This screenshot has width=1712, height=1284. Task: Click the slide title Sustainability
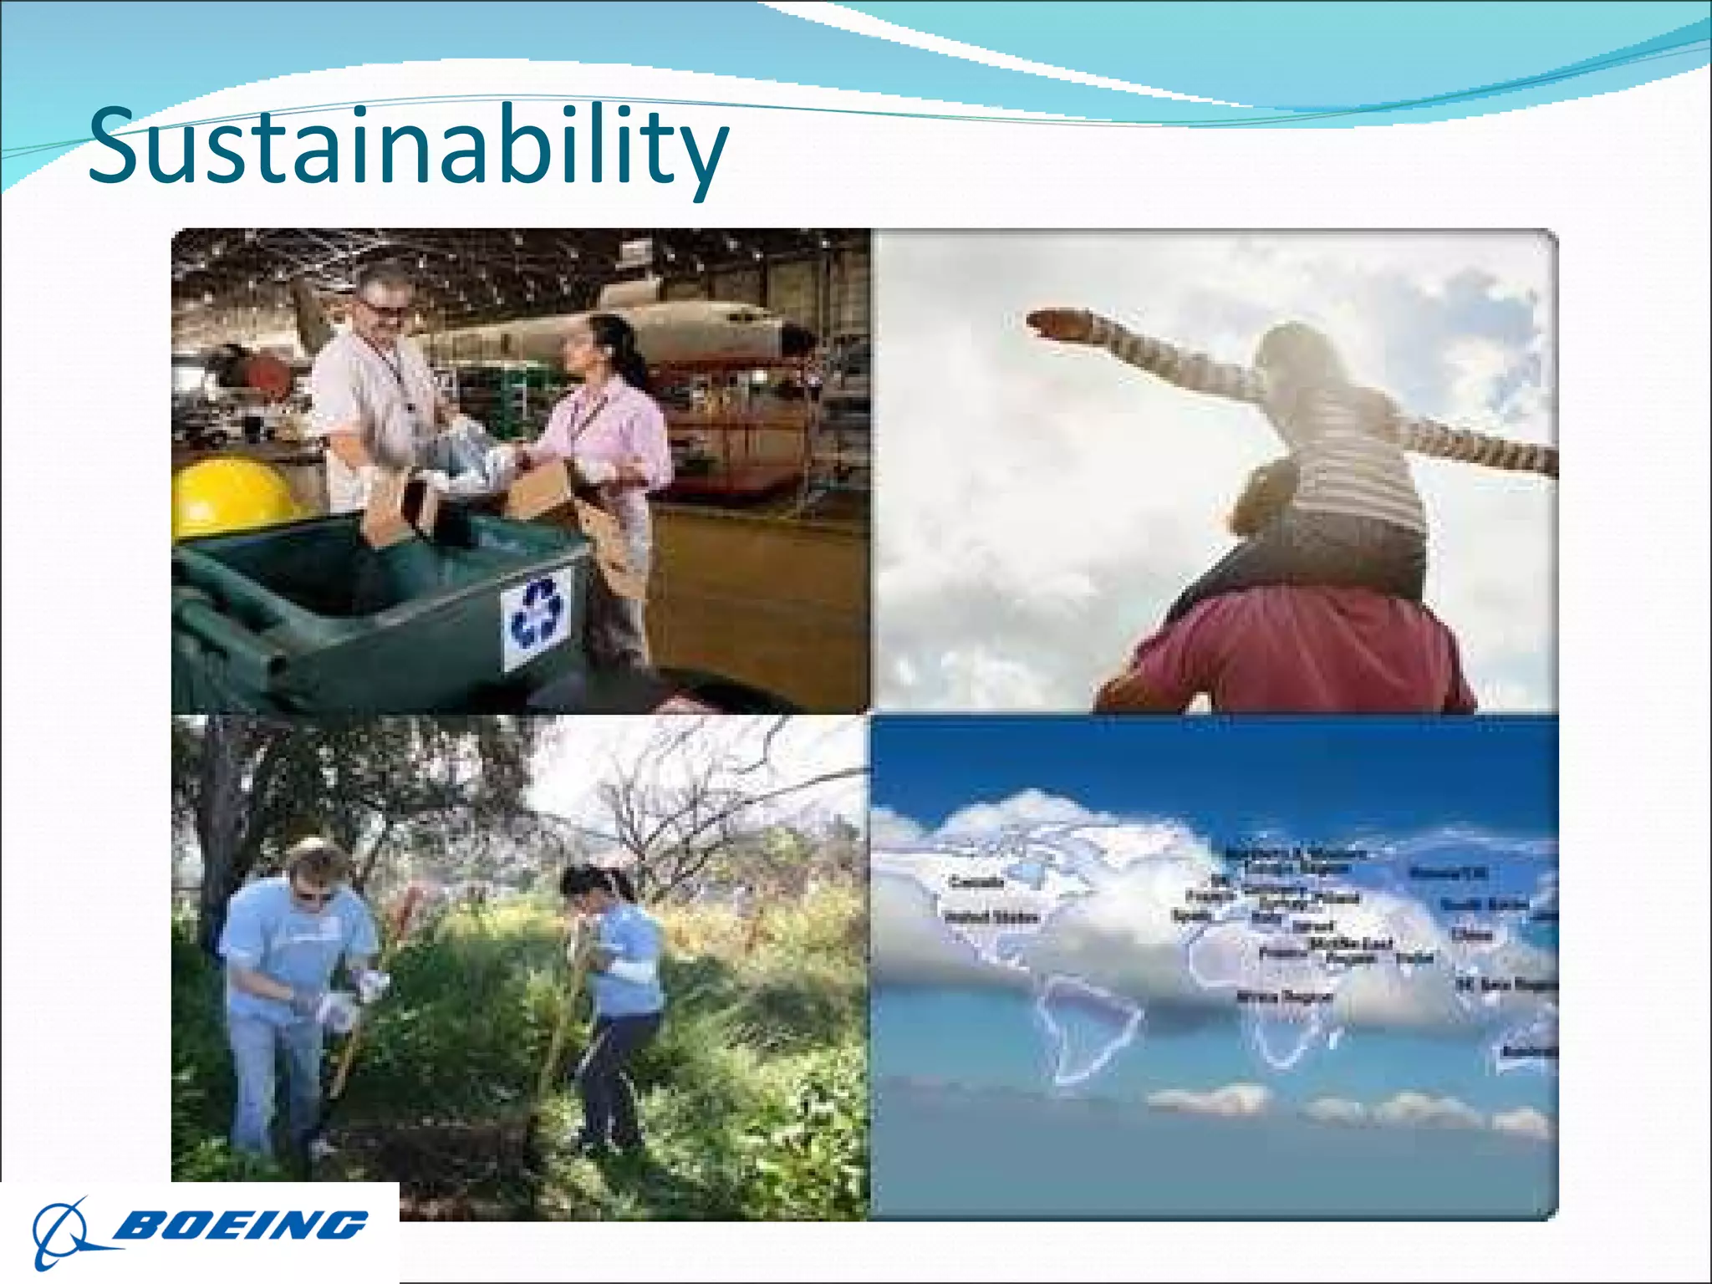[408, 146]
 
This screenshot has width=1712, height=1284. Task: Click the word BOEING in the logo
[241, 1225]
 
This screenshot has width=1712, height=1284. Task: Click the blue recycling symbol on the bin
[538, 616]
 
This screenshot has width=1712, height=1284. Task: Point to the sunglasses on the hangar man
[385, 309]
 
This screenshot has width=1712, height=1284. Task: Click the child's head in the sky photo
[1292, 355]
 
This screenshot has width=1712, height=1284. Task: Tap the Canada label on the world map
[976, 882]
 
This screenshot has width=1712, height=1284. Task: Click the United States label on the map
[991, 917]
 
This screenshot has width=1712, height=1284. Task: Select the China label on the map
[1472, 934]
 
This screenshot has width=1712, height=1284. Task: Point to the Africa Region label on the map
[1284, 996]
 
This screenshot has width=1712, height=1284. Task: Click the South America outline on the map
[1087, 1028]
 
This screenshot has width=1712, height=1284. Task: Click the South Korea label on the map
[1484, 904]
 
